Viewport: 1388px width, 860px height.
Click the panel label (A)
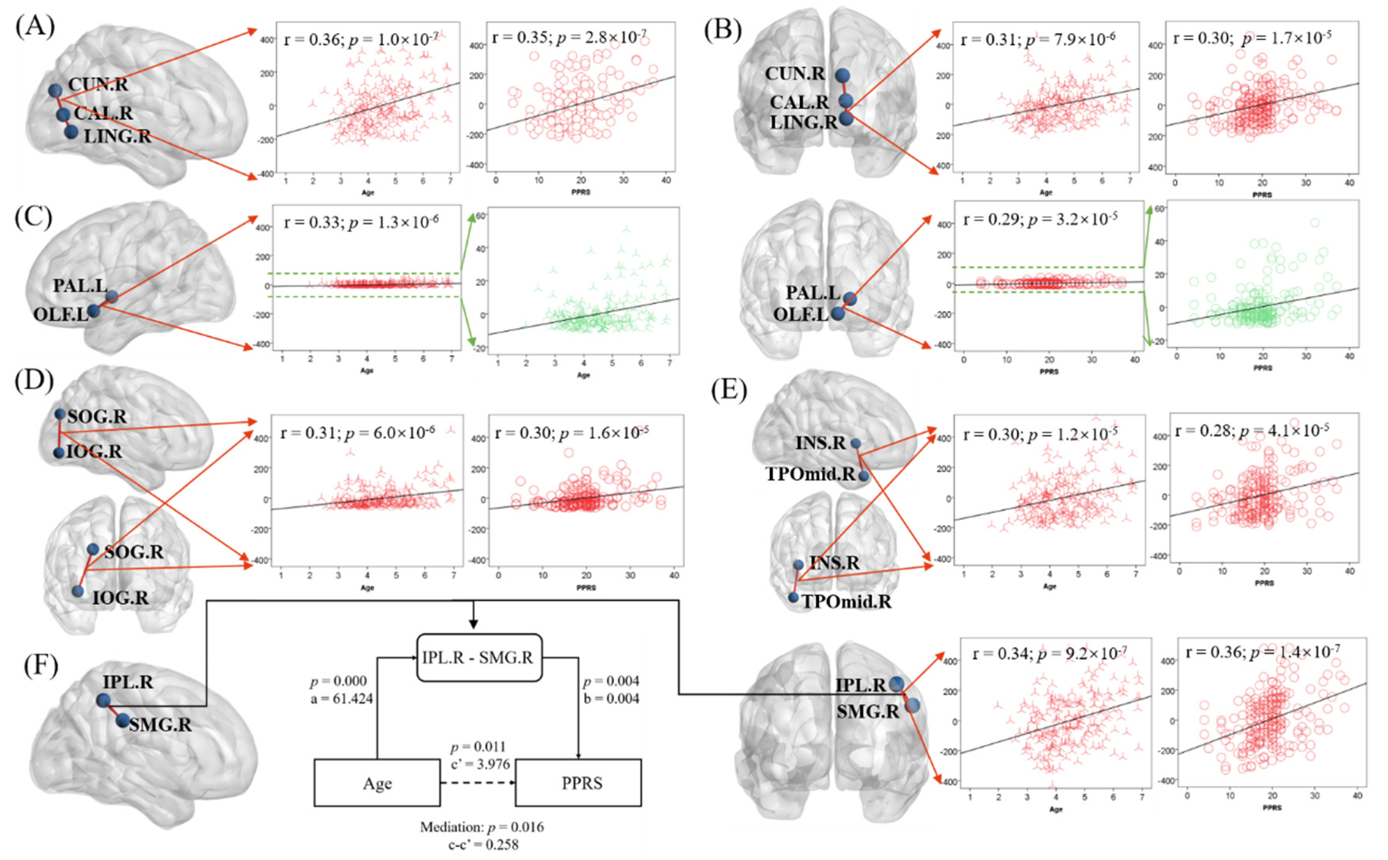(35, 27)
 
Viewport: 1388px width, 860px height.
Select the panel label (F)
(41, 666)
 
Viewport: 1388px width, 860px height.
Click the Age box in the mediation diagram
(377, 783)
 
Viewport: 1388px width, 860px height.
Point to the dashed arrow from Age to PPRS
(478, 783)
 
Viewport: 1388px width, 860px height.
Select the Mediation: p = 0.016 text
(482, 827)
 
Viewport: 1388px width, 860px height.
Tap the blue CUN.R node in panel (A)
(55, 90)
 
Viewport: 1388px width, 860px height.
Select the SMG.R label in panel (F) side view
(160, 725)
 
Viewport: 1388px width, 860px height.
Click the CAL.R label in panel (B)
(800, 102)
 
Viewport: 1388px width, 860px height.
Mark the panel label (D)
(34, 380)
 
